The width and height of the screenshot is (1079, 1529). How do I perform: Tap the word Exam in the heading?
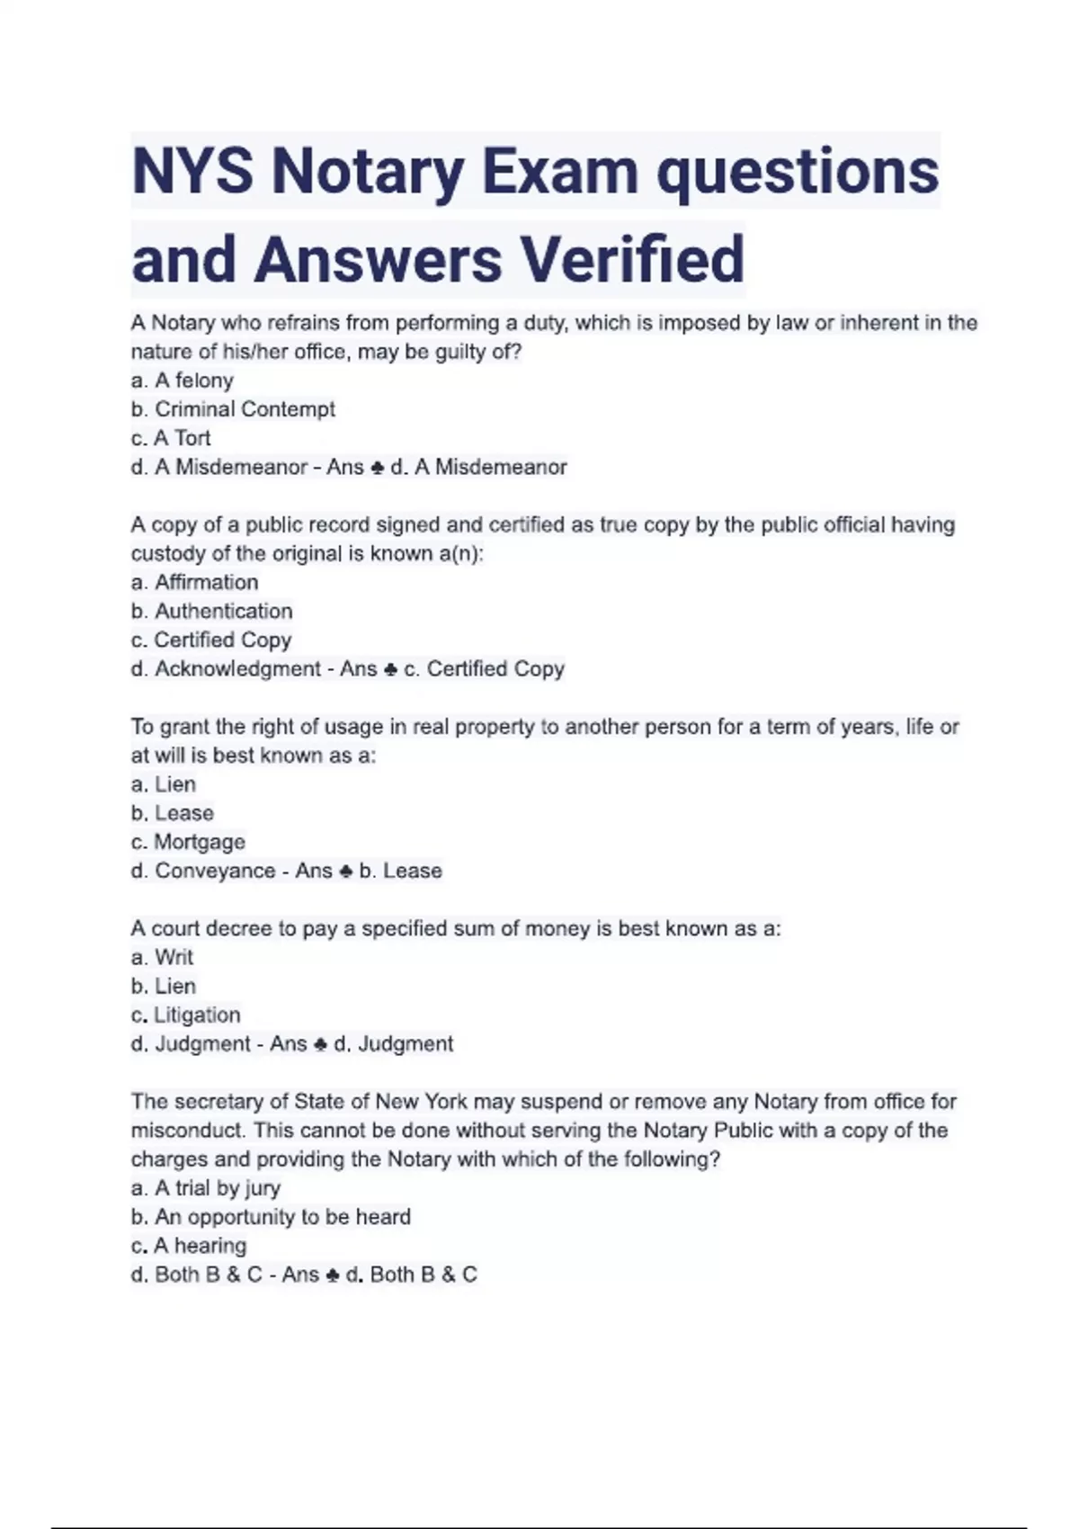coord(559,172)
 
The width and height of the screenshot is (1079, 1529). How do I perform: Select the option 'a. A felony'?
coord(183,380)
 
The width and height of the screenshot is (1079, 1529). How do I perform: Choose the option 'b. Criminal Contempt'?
coord(233,409)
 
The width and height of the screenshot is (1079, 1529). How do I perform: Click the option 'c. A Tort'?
coord(171,438)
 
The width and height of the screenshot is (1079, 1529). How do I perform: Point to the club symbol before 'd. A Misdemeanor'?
coord(378,468)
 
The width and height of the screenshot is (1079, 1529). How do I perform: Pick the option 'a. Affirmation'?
coord(195,582)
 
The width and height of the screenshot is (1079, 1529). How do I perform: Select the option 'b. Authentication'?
coord(212,611)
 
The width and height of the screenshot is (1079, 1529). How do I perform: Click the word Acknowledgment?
coord(237,669)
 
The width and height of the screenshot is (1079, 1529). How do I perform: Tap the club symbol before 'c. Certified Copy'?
coord(390,670)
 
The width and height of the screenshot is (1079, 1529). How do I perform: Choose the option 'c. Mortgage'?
coord(188,842)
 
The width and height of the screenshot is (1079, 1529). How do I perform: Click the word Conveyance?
coord(215,871)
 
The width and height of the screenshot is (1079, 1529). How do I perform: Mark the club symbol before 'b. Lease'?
coord(345,872)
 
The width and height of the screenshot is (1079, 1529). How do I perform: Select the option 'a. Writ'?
coord(163,957)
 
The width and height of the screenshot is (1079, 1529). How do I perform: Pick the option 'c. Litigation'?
coord(186,1015)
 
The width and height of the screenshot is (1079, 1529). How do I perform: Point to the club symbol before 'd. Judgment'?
coord(320,1044)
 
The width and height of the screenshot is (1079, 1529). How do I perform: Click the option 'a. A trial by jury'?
coord(206,1188)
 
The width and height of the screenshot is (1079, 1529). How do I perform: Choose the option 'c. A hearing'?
coord(189,1246)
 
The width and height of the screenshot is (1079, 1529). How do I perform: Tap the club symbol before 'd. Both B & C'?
coord(332,1275)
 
